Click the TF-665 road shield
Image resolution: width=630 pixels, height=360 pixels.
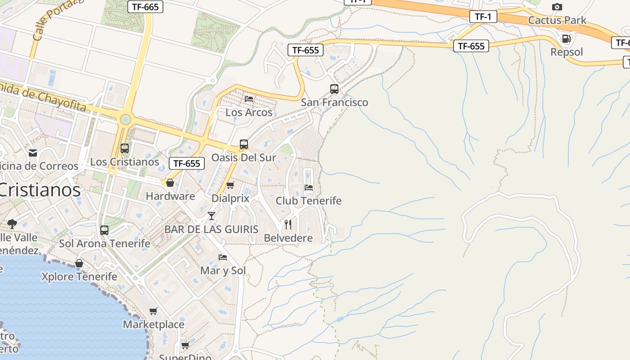coord(145,7)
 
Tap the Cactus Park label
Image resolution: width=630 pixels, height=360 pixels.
coord(557,20)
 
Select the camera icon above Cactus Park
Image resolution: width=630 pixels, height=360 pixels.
coord(557,7)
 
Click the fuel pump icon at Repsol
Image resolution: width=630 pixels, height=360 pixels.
coord(567,39)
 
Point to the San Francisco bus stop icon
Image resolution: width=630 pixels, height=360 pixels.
coord(334,89)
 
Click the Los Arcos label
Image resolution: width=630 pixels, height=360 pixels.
coord(249,112)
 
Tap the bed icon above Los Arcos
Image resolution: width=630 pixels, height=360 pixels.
coord(249,99)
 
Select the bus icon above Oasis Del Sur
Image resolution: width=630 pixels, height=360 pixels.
coord(243,144)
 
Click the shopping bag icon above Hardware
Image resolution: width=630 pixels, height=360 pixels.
coord(170,183)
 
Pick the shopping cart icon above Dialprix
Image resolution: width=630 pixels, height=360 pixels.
coord(230,185)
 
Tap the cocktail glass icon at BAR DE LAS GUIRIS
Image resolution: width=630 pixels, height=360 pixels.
coord(211,216)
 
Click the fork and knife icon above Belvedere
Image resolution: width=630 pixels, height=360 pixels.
coord(288,224)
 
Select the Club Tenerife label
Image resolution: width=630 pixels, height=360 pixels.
coord(308,201)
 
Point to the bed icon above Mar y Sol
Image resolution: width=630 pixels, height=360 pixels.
coord(223,257)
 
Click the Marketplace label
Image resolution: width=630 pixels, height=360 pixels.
coord(153,324)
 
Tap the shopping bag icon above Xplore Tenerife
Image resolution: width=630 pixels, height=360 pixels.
coord(79,263)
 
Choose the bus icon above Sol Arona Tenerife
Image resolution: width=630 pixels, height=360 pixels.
coord(104,230)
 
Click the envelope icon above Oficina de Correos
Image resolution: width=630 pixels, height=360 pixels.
coord(32,153)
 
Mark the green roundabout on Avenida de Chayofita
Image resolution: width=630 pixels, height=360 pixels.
coord(126,119)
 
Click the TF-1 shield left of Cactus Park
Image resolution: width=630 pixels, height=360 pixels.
coord(483,17)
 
